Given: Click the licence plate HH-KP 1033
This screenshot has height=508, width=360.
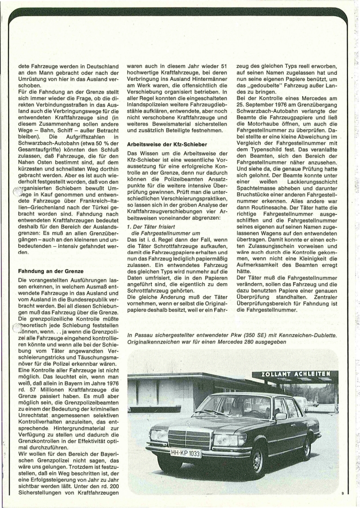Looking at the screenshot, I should click(186, 454).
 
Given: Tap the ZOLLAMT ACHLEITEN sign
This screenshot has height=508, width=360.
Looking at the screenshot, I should click(295, 374).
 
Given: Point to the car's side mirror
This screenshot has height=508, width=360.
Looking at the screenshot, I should click(281, 416).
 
